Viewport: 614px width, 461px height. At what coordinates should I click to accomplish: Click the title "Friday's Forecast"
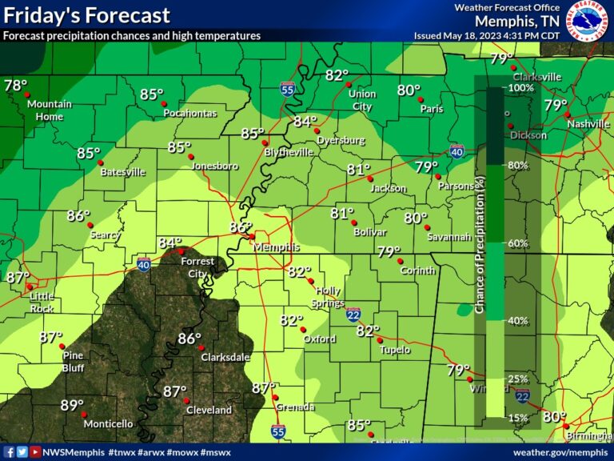pyautogui.click(x=86, y=15)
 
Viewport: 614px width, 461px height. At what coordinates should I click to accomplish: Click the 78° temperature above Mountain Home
pyautogui.click(x=15, y=86)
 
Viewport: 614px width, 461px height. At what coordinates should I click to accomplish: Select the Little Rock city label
pyautogui.click(x=42, y=302)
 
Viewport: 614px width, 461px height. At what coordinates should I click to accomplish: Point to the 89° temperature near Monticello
pyautogui.click(x=72, y=405)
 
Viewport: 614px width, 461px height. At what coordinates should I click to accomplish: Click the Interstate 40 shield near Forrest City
pyautogui.click(x=143, y=264)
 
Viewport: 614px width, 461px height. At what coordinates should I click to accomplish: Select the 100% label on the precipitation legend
pyautogui.click(x=520, y=87)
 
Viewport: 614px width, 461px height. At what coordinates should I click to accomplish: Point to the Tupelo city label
pyautogui.click(x=395, y=350)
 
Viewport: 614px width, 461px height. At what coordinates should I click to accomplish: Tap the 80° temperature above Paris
pyautogui.click(x=409, y=90)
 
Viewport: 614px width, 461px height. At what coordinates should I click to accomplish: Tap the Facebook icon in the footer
pyautogui.click(x=9, y=452)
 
